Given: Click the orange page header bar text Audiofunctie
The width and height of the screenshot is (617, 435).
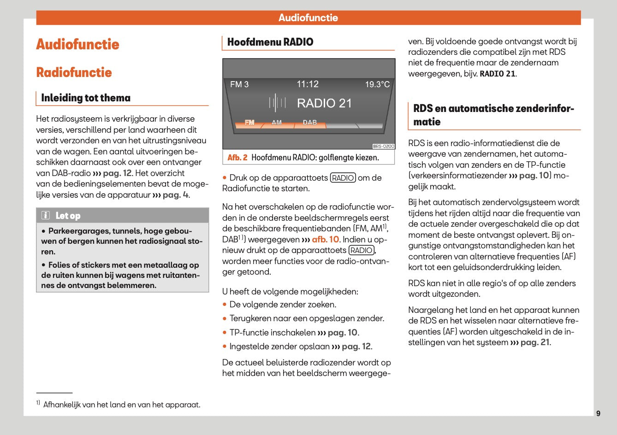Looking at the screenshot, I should tap(308, 18).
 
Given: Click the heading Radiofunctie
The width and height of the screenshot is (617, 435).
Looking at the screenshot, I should tap(74, 72).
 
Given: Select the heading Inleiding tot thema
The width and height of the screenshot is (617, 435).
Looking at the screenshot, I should tap(86, 98).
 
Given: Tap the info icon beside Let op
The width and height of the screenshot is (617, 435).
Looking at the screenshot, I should tap(46, 216).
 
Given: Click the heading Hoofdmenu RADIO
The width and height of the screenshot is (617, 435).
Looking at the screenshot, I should tap(270, 42).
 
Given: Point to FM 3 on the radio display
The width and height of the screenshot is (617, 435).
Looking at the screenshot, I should tap(239, 84).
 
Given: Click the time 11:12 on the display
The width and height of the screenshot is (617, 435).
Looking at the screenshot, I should tap(308, 84).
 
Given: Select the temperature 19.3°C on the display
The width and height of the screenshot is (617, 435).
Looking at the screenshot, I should tap(377, 84).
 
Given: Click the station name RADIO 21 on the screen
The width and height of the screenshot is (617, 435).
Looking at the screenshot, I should tap(324, 103).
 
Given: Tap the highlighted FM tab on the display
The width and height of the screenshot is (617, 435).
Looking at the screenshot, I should tap(249, 123).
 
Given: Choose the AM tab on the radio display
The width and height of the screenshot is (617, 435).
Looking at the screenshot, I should tap(277, 123).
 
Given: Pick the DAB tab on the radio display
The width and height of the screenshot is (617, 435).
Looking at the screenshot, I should tap(310, 123).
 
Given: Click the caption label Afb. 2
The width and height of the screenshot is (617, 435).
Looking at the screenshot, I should tap(237, 158).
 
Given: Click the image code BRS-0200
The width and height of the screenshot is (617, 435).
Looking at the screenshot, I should tap(383, 146).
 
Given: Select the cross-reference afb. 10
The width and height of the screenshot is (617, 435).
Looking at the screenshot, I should tap(325, 240).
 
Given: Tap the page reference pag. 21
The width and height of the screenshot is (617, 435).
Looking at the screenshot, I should tap(535, 342).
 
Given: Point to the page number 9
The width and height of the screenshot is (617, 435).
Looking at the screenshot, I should tap(598, 413).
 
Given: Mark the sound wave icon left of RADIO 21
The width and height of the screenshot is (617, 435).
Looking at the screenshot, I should tap(277, 103).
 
